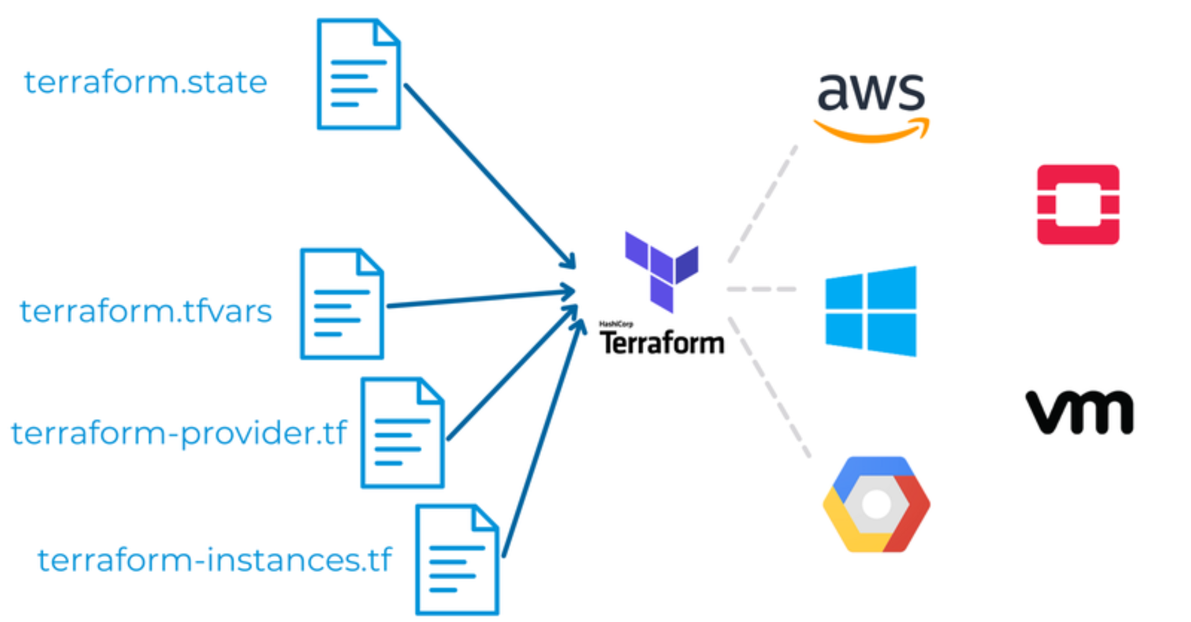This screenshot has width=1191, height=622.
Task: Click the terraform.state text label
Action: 145,82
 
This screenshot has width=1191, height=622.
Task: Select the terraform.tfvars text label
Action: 146,311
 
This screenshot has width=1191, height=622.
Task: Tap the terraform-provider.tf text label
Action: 179,432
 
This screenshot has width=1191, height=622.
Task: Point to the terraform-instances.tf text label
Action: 214,560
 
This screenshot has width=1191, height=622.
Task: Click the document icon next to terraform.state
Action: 359,74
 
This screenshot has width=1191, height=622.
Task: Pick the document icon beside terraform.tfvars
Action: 342,304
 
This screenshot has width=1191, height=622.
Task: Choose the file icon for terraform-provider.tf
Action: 403,433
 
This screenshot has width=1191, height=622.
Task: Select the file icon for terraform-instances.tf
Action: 457,560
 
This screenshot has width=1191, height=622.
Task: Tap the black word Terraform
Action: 662,343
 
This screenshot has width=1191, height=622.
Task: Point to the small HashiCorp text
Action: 615,324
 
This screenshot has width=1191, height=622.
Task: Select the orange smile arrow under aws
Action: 872,131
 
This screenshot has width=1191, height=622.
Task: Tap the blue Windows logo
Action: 871,311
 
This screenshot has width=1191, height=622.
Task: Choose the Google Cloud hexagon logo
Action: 876,504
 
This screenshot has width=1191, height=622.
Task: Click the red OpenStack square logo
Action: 1078,205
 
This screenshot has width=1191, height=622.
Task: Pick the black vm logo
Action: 1079,412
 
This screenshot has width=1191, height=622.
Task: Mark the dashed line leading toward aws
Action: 763,203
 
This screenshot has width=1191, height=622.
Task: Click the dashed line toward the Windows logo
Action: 762,289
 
